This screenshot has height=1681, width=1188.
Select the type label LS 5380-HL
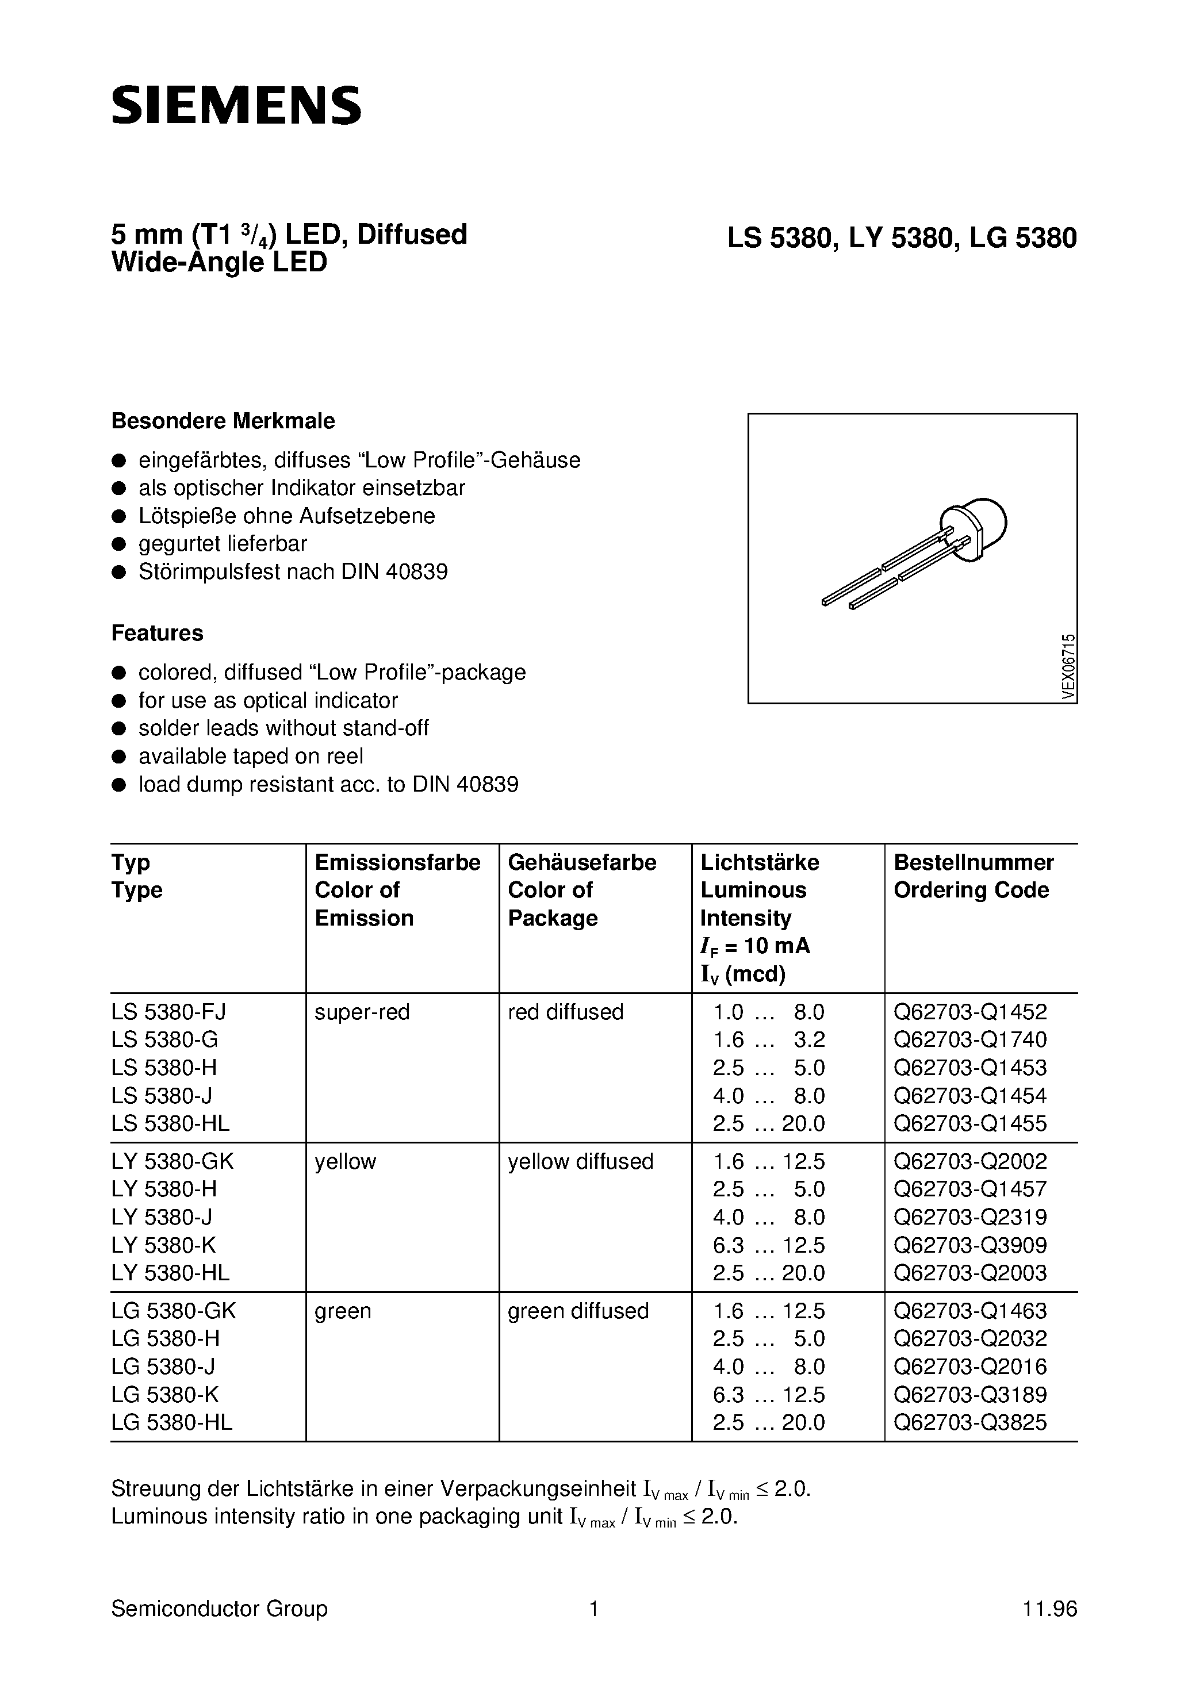(170, 1123)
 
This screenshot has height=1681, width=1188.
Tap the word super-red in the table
(362, 1012)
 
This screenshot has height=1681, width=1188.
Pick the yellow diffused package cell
(580, 1162)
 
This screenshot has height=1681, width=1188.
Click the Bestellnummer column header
(974, 862)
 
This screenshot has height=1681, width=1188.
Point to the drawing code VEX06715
(1068, 667)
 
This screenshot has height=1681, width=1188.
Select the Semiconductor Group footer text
(219, 1609)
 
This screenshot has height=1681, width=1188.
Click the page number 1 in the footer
(594, 1609)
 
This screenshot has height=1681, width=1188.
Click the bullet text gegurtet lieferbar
(223, 543)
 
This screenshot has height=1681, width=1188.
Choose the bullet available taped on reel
(251, 757)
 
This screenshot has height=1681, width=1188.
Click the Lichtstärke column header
(760, 862)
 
